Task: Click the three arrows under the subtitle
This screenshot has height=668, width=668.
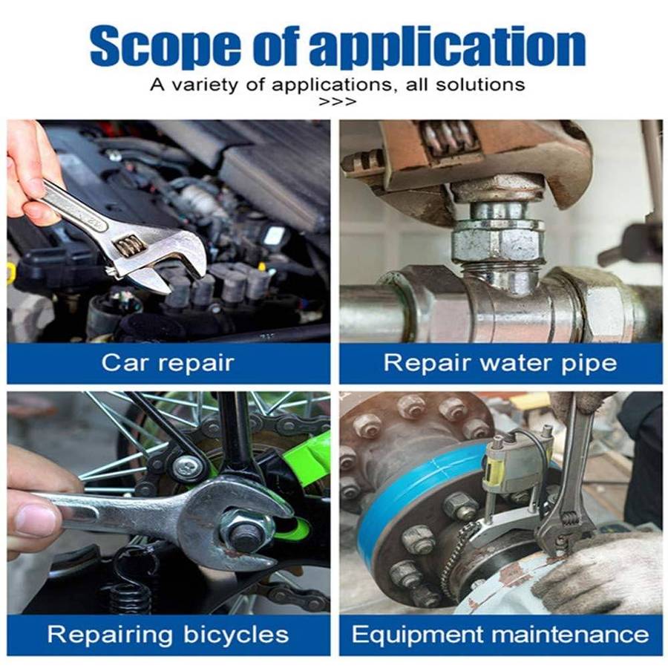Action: pyautogui.click(x=337, y=102)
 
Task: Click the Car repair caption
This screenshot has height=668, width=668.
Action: pyautogui.click(x=168, y=363)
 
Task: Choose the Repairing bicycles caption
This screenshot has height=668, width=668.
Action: pyautogui.click(x=168, y=634)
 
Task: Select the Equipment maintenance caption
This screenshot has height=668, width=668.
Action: pyautogui.click(x=500, y=635)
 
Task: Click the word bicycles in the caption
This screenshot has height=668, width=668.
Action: pyautogui.click(x=237, y=634)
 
